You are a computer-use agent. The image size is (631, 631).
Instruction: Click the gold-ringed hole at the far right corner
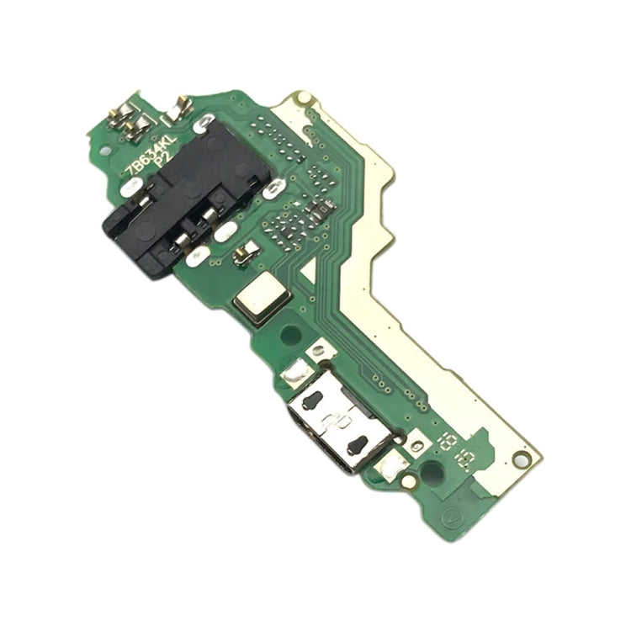[x=522, y=462]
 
